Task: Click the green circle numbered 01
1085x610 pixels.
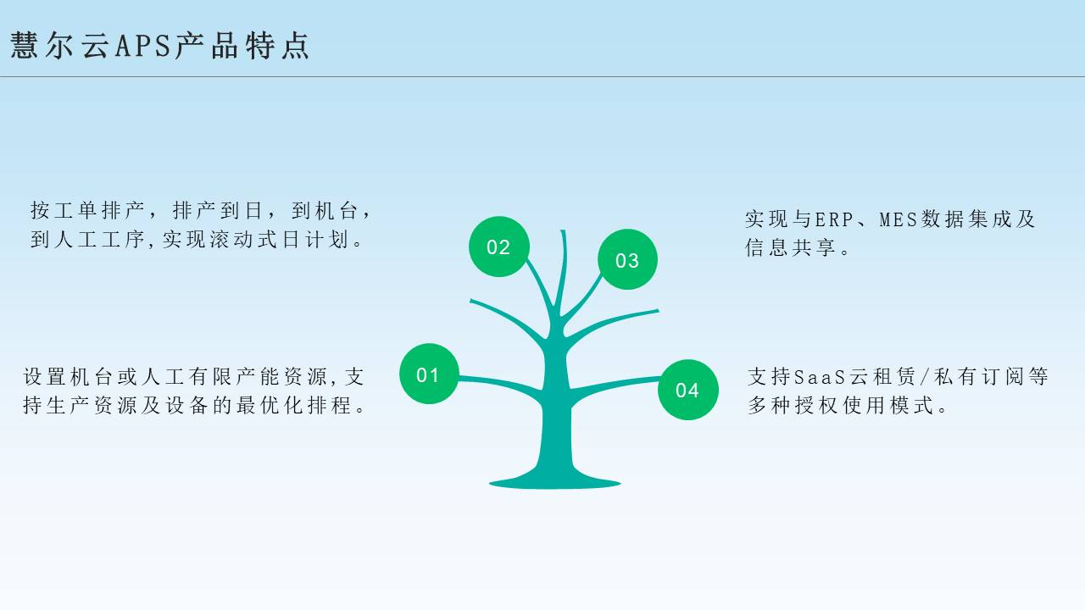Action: pyautogui.click(x=429, y=374)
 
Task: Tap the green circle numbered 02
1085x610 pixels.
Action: pyautogui.click(x=499, y=247)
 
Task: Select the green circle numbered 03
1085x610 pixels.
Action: pyautogui.click(x=627, y=259)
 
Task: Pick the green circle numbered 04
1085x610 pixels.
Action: pyautogui.click(x=687, y=390)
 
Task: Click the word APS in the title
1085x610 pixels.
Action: pyautogui.click(x=143, y=46)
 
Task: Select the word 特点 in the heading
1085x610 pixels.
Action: pyautogui.click(x=277, y=46)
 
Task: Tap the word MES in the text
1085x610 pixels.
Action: pyautogui.click(x=899, y=219)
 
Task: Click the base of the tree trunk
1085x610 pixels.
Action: pyautogui.click(x=555, y=483)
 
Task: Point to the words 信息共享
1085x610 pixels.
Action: pyautogui.click(x=791, y=247)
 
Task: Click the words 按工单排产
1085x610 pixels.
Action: pyautogui.click(x=87, y=211)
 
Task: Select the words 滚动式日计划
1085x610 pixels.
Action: pyautogui.click(x=279, y=239)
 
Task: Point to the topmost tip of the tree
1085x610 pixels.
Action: pyautogui.click(x=563, y=231)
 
